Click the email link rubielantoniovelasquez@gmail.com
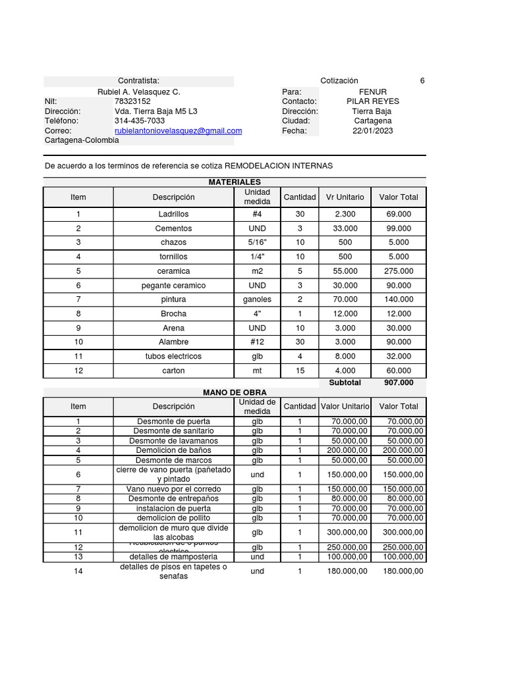[x=178, y=131]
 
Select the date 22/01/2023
[x=372, y=131]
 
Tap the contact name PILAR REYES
[x=372, y=101]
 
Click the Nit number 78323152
[x=132, y=101]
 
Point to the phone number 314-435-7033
[x=140, y=121]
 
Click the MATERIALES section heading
[x=235, y=182]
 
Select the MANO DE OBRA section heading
[x=235, y=392]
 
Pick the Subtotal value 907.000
[x=399, y=382]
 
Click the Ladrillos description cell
[x=173, y=215]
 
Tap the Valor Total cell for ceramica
[x=399, y=271]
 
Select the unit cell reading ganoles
[x=257, y=299]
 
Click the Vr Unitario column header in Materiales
[x=345, y=197]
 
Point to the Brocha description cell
[x=173, y=314]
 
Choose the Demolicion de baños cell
[x=173, y=450]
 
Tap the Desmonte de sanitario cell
[x=173, y=430]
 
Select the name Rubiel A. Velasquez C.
[x=138, y=91]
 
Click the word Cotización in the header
[x=339, y=80]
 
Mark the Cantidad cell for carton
[x=300, y=371]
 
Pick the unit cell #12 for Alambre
[x=257, y=342]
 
